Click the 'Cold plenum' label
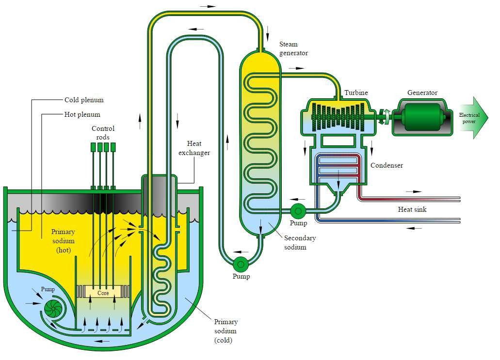coord(84,100)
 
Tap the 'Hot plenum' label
coord(82,115)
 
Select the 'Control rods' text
coord(103,133)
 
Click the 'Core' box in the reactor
coord(102,293)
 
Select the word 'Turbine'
coord(356,93)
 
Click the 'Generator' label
coord(422,93)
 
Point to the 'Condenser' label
coord(387,165)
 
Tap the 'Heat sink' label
coord(412,209)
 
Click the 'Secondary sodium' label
coord(300,242)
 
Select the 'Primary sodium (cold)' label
coord(226,331)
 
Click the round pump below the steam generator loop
coord(240,264)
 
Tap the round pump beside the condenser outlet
coord(297,210)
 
